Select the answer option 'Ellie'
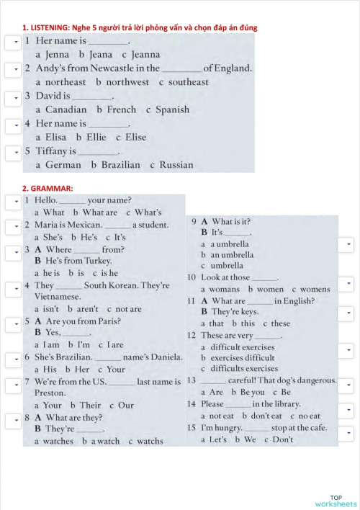click(x=96, y=137)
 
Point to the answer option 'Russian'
click(x=176, y=165)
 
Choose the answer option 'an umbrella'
click(x=232, y=254)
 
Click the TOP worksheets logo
click(x=336, y=501)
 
